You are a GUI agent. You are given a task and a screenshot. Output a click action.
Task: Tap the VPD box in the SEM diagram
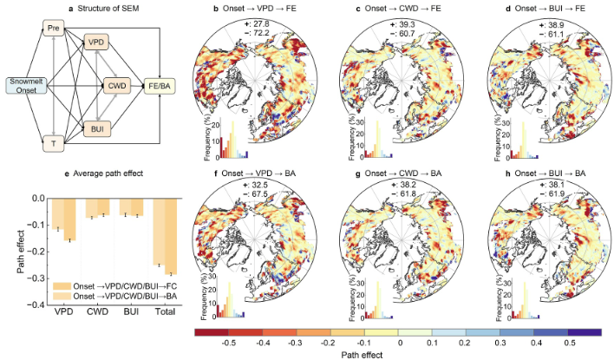coord(97,43)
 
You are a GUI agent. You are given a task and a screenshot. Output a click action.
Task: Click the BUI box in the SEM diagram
coord(97,128)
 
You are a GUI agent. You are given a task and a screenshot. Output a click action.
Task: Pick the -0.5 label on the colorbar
coord(230,344)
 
